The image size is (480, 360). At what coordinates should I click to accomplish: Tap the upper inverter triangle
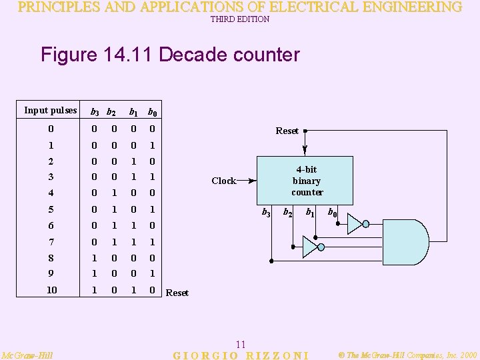[x=355, y=223]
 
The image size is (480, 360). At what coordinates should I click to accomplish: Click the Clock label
[x=223, y=181]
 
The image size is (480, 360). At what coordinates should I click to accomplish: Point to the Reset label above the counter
[x=287, y=131]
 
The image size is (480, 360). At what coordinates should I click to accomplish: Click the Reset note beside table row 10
[x=177, y=293]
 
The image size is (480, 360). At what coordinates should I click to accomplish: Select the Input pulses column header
[x=50, y=110]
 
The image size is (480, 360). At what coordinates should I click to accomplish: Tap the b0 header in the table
[x=152, y=111]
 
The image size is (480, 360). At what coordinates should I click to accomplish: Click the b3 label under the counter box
[x=265, y=213]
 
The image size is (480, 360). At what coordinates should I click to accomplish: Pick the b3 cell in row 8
[x=95, y=257]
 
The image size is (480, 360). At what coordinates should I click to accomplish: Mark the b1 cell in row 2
[x=133, y=161]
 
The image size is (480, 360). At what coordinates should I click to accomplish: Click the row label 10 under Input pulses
[x=51, y=290]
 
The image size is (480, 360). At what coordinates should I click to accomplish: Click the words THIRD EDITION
[x=240, y=19]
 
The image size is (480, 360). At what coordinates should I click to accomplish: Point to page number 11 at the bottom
[x=241, y=344]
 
